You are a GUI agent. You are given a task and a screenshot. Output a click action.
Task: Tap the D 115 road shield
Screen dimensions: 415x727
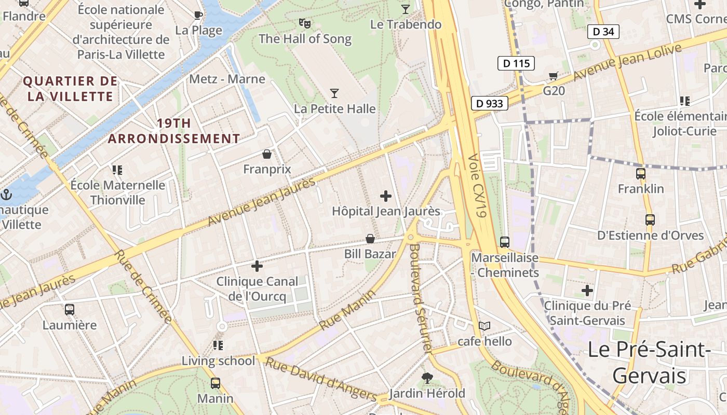pos(516,63)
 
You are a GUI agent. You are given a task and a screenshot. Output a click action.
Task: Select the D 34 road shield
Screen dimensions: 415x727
pos(603,32)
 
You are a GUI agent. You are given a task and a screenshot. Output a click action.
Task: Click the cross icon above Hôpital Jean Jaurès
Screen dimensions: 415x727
pos(386,196)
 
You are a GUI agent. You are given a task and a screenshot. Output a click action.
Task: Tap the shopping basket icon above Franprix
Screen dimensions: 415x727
pos(266,154)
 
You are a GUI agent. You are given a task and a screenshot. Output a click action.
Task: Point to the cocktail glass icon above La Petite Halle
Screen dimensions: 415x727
pos(334,93)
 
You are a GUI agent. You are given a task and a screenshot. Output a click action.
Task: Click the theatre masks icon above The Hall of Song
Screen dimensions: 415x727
pos(305,23)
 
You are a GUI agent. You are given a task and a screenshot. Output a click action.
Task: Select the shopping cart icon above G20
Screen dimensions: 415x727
pos(554,76)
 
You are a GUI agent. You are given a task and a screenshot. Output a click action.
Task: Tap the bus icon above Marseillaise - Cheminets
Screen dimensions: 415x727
pos(504,242)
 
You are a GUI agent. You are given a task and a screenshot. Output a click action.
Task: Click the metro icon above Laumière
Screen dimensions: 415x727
pos(70,310)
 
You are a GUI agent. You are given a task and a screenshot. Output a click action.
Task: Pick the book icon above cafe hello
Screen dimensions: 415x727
pos(484,326)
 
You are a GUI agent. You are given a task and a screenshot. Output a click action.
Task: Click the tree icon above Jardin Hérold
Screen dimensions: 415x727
pos(427,378)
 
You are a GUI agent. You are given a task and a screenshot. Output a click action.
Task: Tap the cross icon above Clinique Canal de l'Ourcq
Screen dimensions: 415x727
pos(257,266)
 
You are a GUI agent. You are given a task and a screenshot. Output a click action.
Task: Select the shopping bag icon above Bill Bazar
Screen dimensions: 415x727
pos(370,239)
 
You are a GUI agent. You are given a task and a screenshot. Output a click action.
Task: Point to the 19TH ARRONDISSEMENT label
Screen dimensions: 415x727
pos(174,131)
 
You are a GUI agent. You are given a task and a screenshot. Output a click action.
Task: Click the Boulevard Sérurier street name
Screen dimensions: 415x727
pos(421,298)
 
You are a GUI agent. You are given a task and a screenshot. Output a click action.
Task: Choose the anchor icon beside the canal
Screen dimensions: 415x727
pos(7,195)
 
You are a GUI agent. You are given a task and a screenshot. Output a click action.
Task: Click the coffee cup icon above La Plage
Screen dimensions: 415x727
pos(198,15)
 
